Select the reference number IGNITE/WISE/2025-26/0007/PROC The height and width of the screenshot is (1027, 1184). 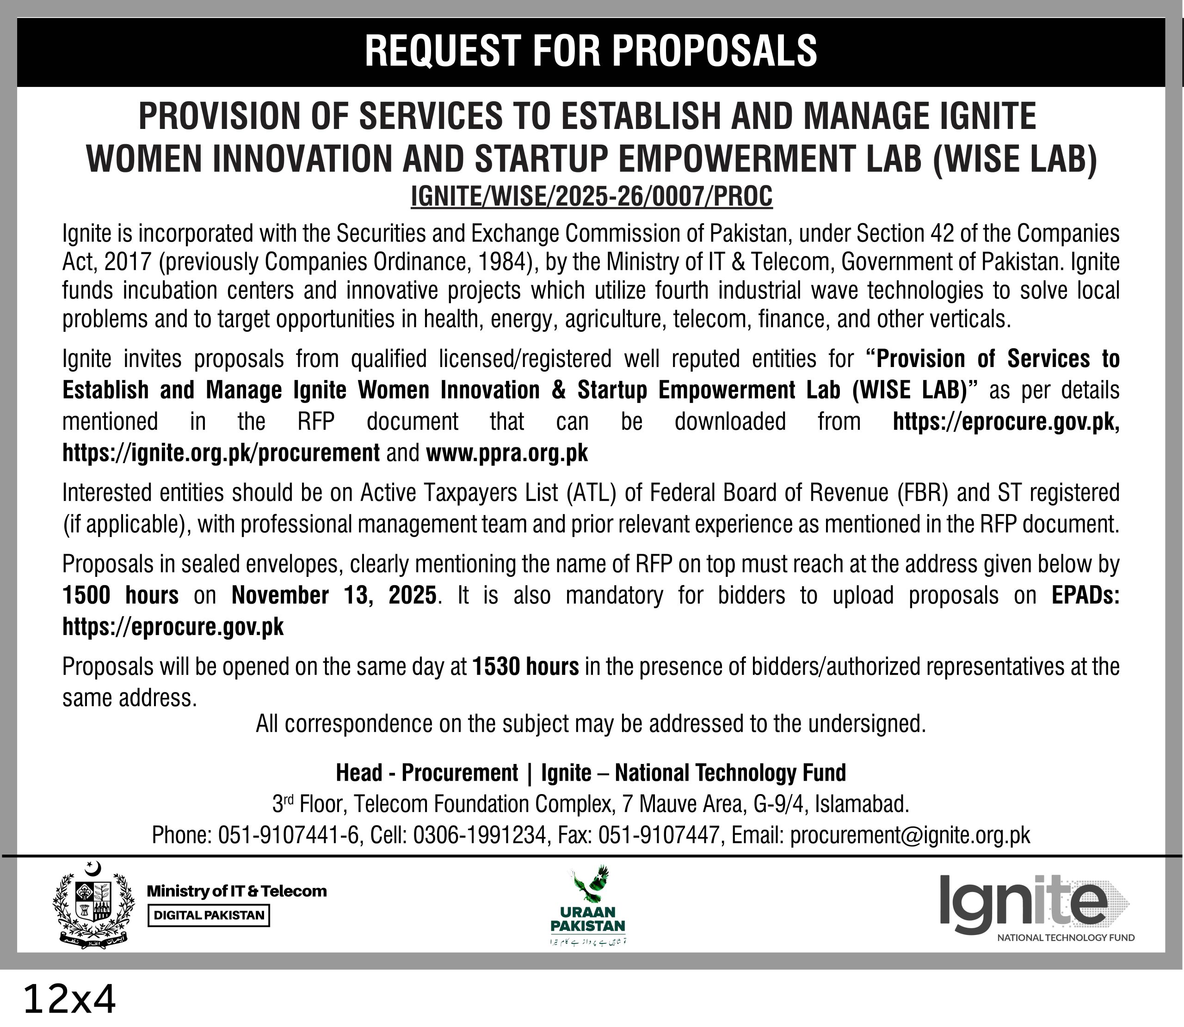(592, 196)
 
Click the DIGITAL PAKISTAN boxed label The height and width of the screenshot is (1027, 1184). (208, 915)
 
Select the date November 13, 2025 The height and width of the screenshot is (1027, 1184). (334, 595)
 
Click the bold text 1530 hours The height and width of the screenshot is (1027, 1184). (525, 666)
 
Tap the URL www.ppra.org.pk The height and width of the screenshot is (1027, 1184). (507, 453)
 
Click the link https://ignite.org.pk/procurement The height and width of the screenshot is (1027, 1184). (221, 453)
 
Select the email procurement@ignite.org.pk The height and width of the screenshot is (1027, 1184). (910, 835)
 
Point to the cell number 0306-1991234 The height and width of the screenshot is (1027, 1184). (479, 835)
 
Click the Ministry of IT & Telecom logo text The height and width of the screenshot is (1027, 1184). (237, 891)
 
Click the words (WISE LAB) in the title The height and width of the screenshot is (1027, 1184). (1015, 159)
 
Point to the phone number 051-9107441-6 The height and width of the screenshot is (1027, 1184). (290, 835)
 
